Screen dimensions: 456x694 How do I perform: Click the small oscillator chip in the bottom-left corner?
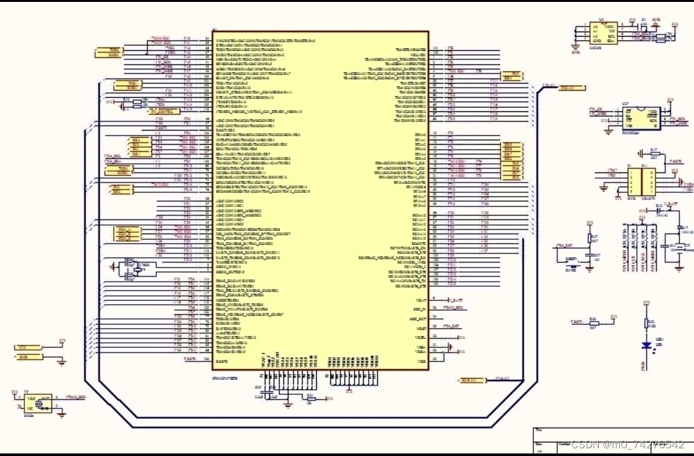pyautogui.click(x=39, y=403)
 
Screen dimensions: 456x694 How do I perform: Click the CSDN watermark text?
pyautogui.click(x=627, y=444)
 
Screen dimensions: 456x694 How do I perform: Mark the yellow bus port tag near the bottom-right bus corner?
pyautogui.click(x=470, y=380)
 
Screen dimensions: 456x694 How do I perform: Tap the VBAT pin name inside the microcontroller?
pyautogui.click(x=421, y=300)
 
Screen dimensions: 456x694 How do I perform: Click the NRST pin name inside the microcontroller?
pyautogui.click(x=419, y=55)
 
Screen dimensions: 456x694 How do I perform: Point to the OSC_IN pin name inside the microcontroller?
pyautogui.click(x=418, y=309)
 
